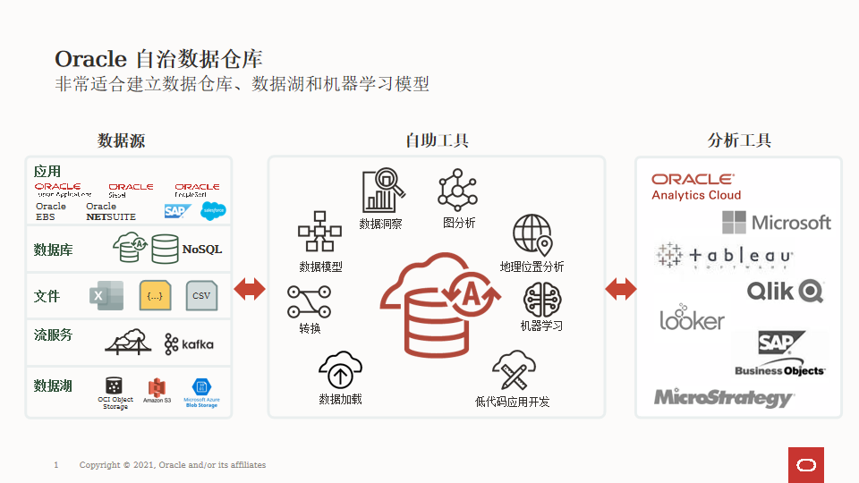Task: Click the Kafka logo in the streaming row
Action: tap(189, 343)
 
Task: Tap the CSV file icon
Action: tap(201, 295)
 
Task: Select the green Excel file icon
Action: tap(106, 295)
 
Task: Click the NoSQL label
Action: tap(202, 250)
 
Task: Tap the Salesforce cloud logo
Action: tap(213, 211)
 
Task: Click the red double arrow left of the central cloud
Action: tap(250, 289)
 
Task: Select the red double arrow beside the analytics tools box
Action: tap(620, 289)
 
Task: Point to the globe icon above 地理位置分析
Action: tap(532, 235)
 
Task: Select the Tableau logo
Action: tap(724, 257)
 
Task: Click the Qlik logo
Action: tap(785, 291)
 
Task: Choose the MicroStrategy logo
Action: tap(723, 397)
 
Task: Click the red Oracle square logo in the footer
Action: tap(805, 465)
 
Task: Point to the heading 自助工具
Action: tap(437, 140)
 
